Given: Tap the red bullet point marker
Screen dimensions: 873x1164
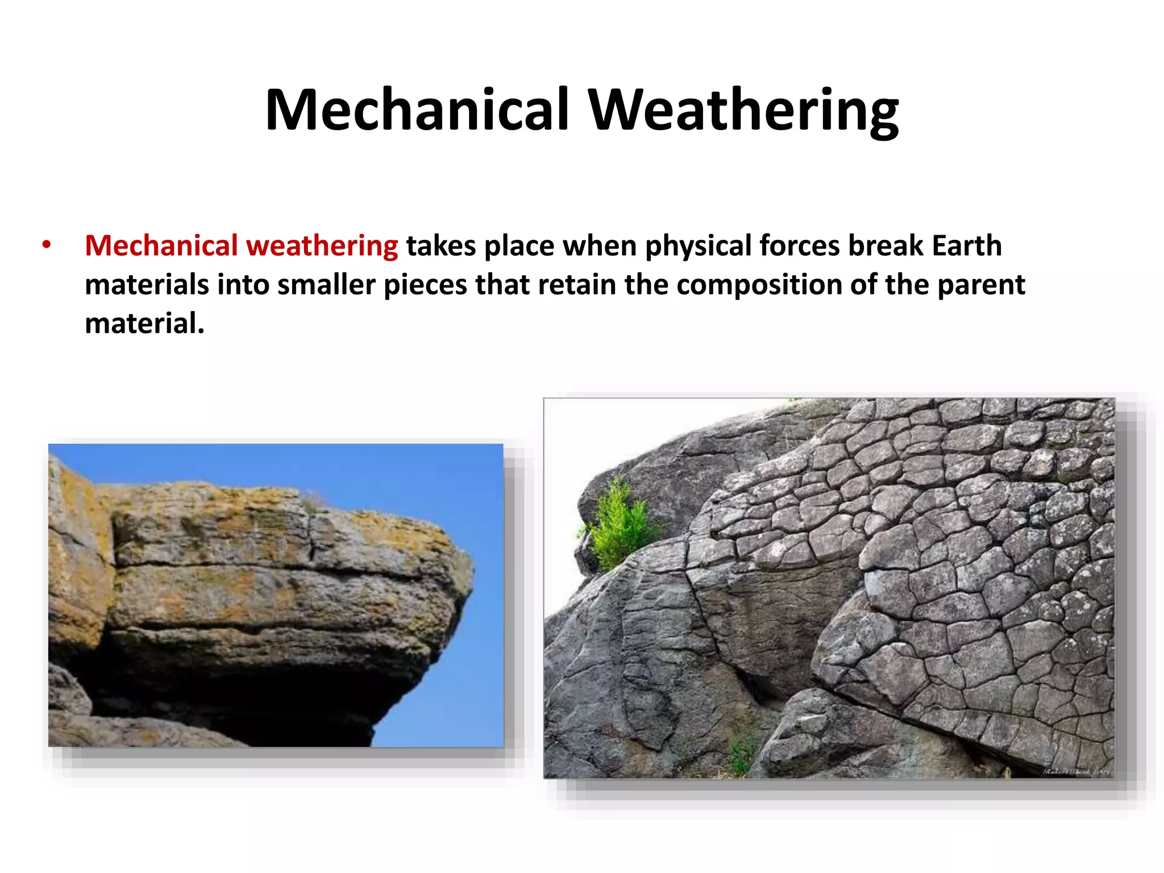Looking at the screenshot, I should [47, 246].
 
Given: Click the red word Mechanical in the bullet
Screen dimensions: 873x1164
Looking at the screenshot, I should [161, 246].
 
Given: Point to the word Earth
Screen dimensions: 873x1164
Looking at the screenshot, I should [966, 246].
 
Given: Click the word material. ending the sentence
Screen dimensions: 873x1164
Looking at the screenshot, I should [144, 323].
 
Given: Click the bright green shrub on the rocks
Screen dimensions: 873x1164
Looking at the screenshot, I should [620, 526].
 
